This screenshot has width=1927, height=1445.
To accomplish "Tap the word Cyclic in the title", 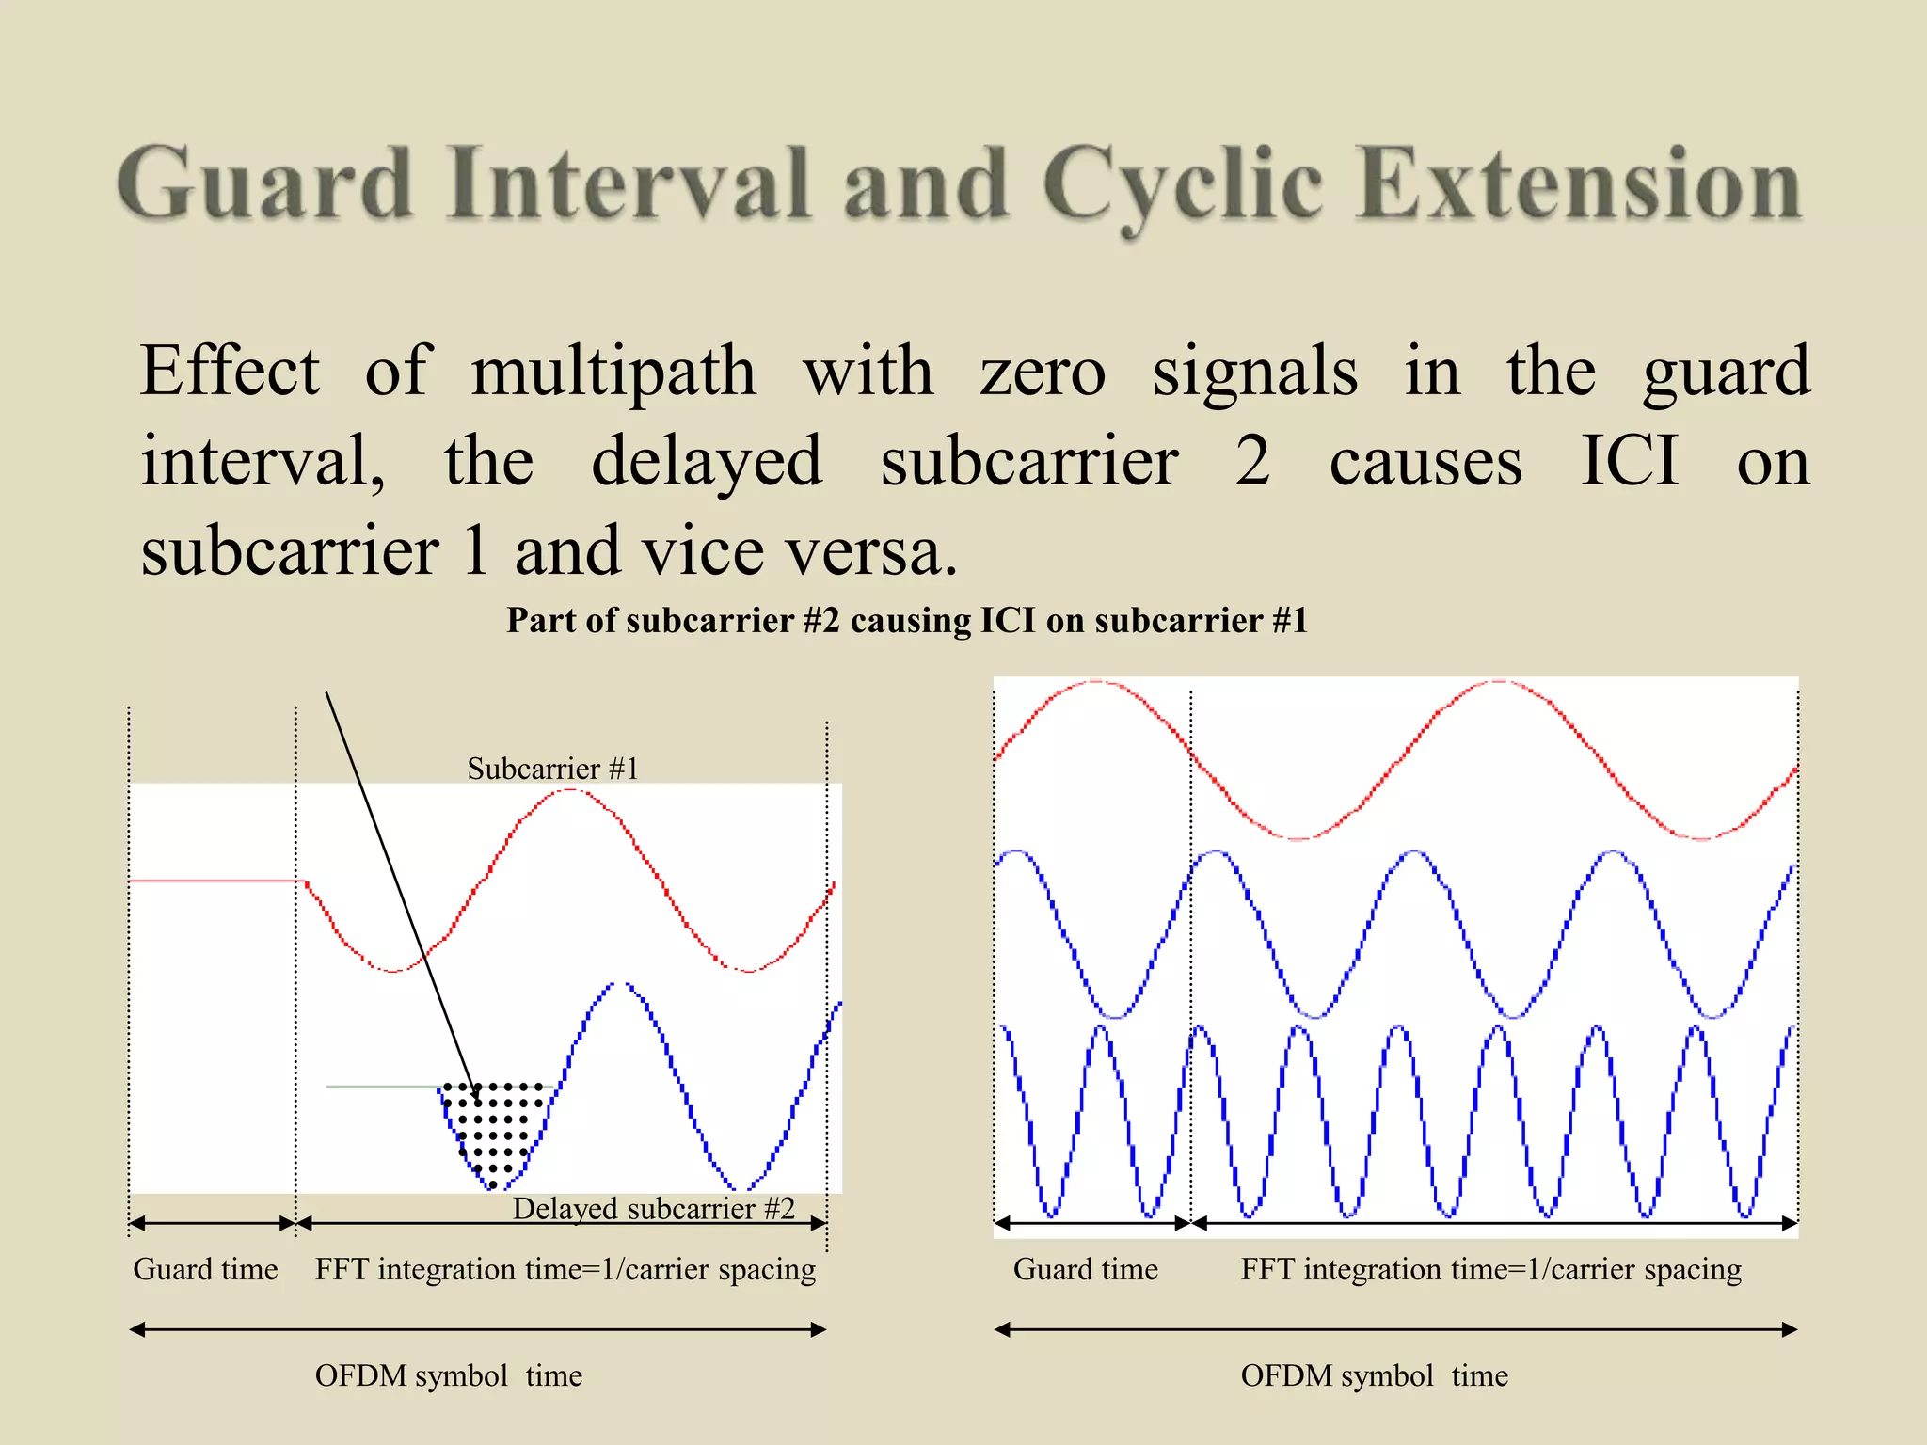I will pos(1182,186).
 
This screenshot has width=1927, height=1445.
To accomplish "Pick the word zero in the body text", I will pos(1043,372).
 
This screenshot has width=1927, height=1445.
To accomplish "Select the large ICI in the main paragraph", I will pos(1629,461).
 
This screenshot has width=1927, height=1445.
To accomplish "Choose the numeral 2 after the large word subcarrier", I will pos(1252,461).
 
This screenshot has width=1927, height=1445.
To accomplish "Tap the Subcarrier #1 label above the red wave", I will pos(552,769).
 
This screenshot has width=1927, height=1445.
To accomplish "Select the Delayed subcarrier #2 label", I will pos(653,1208).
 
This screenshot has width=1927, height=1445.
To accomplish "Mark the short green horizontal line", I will pos(381,1087).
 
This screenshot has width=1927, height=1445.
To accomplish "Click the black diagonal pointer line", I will pos(395,875).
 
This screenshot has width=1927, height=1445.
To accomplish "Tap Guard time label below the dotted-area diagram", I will pos(205,1269).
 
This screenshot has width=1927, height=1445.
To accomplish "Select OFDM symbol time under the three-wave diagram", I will pos(1374,1375).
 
